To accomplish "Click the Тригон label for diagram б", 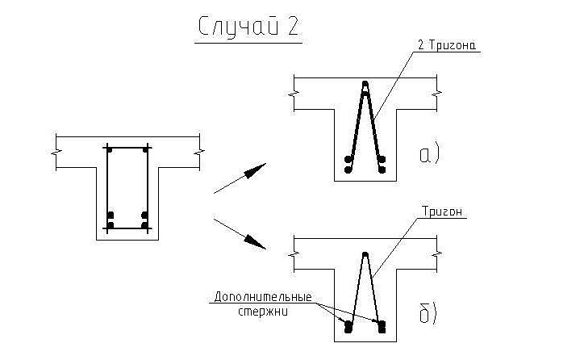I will [x=442, y=211].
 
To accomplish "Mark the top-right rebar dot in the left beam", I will [x=145, y=149].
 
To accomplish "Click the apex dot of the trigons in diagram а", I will [x=365, y=85].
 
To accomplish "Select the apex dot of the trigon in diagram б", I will [x=365, y=255].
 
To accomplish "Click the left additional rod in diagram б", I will [x=348, y=327].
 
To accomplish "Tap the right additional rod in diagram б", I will [x=382, y=327].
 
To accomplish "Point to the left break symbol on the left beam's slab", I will [x=56, y=151].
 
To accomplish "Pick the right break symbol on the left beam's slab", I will [x=198, y=151].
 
